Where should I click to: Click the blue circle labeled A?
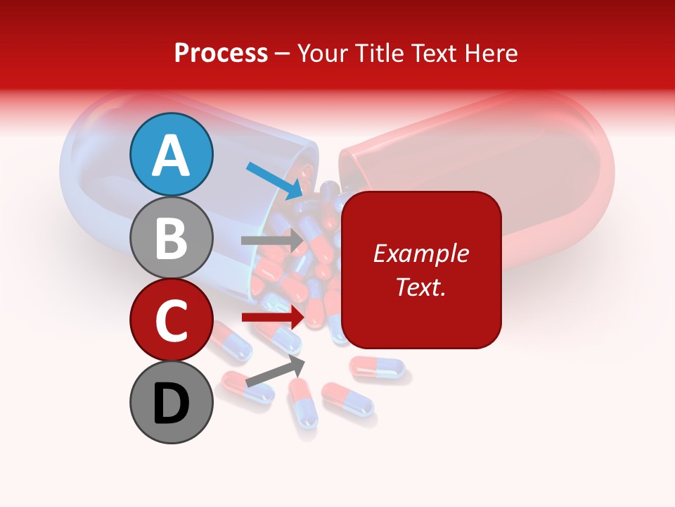point(172,154)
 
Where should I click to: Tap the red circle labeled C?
point(172,319)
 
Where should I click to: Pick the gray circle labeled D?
point(172,402)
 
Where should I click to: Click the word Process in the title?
point(221,53)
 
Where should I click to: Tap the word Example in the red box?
point(420,254)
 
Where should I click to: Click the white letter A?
point(172,156)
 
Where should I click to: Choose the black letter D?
point(172,403)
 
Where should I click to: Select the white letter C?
point(172,320)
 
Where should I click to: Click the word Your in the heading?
point(321,53)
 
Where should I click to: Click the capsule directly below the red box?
point(378,366)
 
